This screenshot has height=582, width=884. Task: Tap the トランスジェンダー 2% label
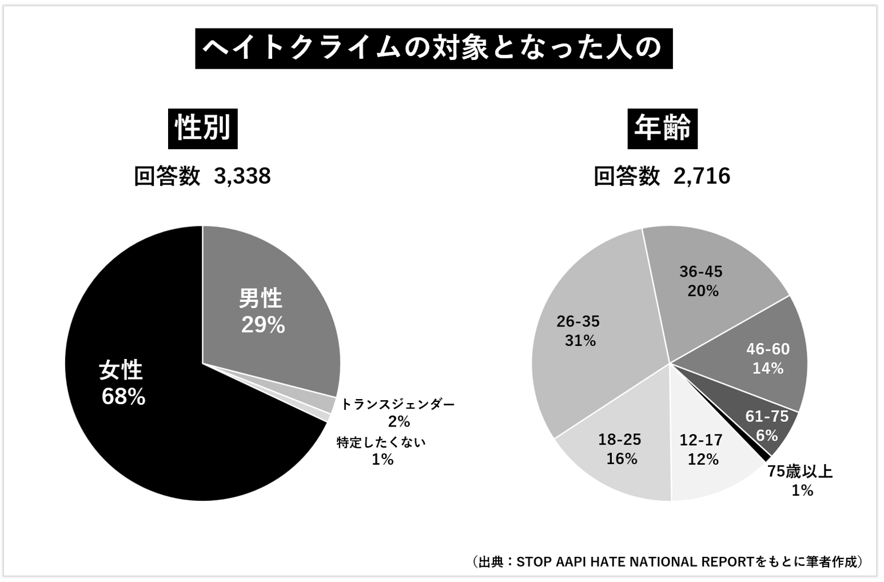398,412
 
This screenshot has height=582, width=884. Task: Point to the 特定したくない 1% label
381,451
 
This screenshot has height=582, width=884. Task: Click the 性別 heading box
203,127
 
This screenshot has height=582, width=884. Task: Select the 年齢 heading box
662,127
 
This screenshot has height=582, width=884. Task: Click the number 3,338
242,176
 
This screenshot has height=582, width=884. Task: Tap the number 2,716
702,176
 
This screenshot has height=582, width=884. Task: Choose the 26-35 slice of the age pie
589,343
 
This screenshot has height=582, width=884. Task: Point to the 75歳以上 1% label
801,480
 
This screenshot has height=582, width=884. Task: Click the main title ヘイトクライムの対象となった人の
433,49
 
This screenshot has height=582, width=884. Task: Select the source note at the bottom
667,561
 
